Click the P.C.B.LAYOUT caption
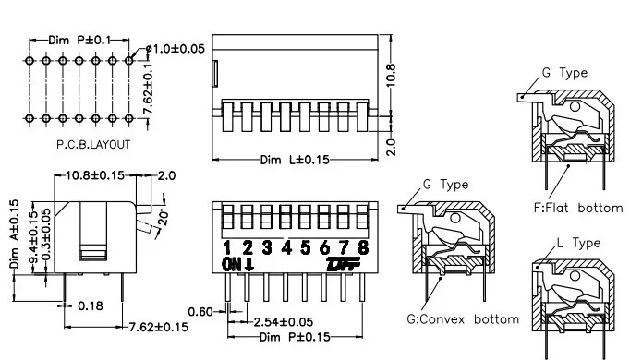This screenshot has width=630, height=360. (x=93, y=145)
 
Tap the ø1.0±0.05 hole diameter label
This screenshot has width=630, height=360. (x=176, y=49)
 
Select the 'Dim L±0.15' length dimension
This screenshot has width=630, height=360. (x=295, y=160)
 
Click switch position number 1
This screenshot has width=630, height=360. (x=227, y=248)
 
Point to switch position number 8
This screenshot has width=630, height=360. (x=363, y=247)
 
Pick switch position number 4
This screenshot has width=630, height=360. (x=286, y=247)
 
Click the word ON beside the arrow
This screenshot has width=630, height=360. (x=232, y=265)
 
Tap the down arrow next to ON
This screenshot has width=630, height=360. (x=249, y=265)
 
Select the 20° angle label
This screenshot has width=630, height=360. (x=164, y=217)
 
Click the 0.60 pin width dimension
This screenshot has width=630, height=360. (x=200, y=312)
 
